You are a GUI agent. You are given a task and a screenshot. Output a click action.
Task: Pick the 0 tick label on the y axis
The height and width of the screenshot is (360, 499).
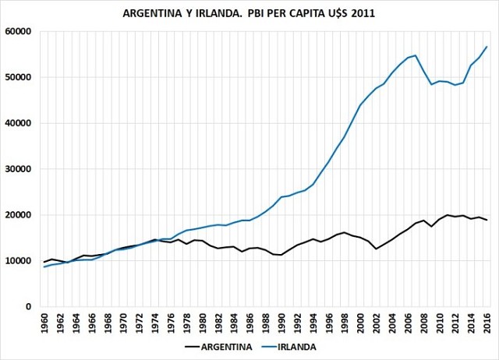(27, 307)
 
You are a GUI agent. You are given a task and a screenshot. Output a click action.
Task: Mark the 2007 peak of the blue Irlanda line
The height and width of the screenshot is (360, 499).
(416, 55)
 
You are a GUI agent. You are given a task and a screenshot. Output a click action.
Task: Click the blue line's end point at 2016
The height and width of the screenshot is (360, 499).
(487, 47)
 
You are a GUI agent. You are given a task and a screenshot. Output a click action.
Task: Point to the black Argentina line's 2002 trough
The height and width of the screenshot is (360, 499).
(377, 249)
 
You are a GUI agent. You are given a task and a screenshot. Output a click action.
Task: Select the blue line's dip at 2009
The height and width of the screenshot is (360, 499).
(432, 84)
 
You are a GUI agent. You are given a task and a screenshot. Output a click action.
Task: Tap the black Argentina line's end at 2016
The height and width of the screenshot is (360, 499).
(487, 221)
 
